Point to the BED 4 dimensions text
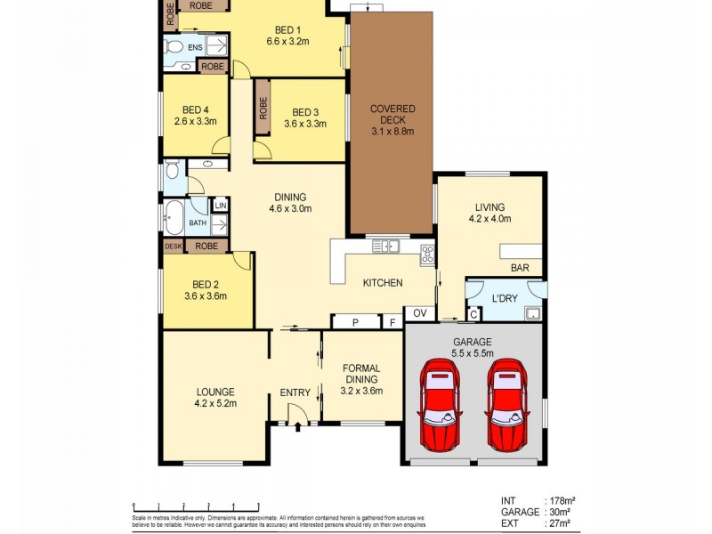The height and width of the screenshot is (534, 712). point(196,122)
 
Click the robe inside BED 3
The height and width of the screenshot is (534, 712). point(263,108)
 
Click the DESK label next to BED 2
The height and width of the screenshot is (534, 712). point(172,246)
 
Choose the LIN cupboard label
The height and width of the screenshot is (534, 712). point(220,206)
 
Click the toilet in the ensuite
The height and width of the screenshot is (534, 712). point(174,46)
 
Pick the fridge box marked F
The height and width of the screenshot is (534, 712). point(392,322)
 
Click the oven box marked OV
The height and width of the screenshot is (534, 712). point(419,313)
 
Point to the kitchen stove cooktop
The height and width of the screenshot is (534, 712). point(427,254)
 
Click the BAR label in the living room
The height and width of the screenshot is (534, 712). point(520,267)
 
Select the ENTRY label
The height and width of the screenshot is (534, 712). point(295,392)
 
